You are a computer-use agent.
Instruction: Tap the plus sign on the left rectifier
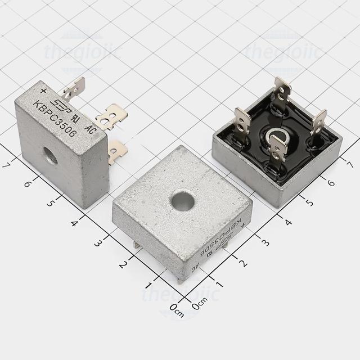tap(43, 89)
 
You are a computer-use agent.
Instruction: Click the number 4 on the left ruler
tap(76, 223)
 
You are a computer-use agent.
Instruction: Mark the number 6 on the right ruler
tap(331, 182)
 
